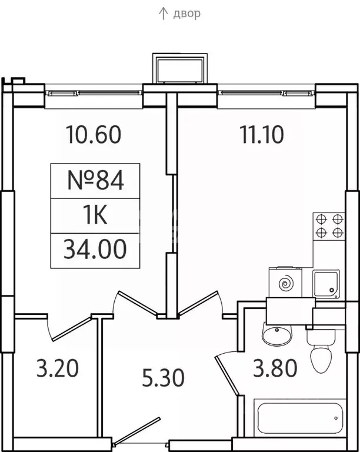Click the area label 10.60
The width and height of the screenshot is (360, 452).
coord(94,134)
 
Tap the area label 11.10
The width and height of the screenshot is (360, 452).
coord(262,134)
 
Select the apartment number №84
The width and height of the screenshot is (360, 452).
coord(95,180)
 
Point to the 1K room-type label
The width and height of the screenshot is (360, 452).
coord(95,215)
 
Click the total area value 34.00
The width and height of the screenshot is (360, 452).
coord(95,249)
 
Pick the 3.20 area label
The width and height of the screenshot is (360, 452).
coord(58,368)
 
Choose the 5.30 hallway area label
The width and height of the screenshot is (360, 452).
coord(163,378)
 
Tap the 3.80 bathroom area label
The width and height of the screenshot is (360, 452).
coord(275,368)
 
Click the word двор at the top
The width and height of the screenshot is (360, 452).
coord(186,14)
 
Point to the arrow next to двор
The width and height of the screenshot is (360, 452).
coord(164,14)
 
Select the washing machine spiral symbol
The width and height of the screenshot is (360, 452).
coord(286,284)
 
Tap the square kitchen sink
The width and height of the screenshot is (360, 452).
coord(326,284)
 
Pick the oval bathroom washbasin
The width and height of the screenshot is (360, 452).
coord(277,334)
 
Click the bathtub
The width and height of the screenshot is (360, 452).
coord(300,418)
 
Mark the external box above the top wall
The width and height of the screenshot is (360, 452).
coord(180,69)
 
